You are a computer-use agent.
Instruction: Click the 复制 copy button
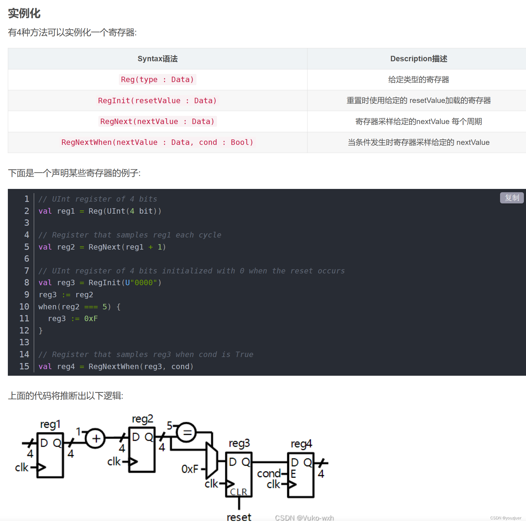(x=512, y=198)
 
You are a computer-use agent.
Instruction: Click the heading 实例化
(x=24, y=14)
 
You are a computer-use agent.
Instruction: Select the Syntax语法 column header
(x=158, y=59)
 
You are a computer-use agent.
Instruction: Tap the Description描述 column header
(x=419, y=59)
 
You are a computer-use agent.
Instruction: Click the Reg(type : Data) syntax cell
(x=157, y=80)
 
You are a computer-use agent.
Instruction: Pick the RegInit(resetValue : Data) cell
(x=157, y=100)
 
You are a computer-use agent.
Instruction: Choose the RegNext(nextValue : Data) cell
(x=157, y=121)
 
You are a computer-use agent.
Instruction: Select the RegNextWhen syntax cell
(x=157, y=142)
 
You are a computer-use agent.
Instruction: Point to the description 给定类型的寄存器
(x=419, y=80)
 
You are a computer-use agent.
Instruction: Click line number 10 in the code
(x=24, y=307)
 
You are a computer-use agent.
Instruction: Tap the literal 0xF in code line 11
(x=91, y=319)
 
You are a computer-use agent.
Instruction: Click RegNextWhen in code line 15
(x=113, y=367)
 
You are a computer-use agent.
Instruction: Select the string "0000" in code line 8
(x=144, y=283)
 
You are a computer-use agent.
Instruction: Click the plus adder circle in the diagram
(x=96, y=438)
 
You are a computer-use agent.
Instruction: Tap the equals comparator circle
(x=186, y=432)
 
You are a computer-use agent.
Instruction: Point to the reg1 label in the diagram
(x=50, y=424)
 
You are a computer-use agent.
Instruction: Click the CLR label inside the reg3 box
(x=238, y=492)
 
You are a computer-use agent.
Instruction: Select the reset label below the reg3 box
(x=239, y=517)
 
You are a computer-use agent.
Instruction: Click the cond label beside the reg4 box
(x=269, y=474)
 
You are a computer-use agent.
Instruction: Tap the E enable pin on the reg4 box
(x=293, y=474)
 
